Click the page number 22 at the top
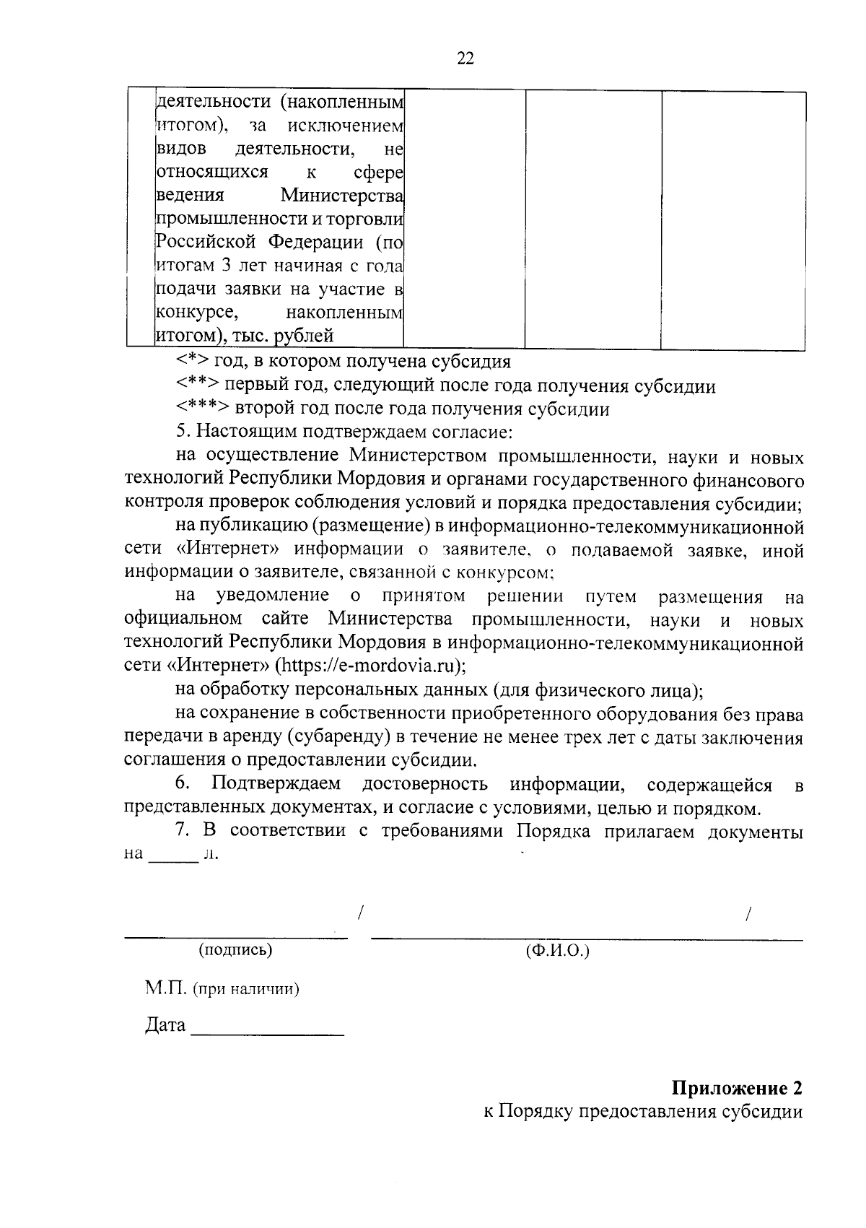click(465, 59)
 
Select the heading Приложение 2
click(737, 1088)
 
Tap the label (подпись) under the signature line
click(235, 950)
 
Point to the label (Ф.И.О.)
click(558, 951)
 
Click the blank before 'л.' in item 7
click(172, 855)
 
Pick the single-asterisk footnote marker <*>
click(192, 362)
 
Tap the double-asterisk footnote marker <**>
click(198, 386)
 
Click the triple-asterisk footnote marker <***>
click(203, 409)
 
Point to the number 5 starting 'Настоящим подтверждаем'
click(182, 432)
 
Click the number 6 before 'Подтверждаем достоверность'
click(183, 785)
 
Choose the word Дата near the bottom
click(165, 1025)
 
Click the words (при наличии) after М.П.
click(246, 989)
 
